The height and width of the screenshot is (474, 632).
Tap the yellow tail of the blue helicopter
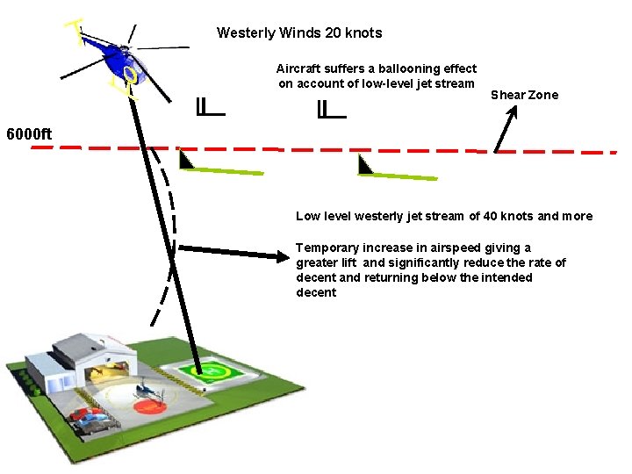point(77,32)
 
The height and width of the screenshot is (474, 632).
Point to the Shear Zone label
point(524,95)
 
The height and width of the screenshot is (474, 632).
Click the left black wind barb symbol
point(210,109)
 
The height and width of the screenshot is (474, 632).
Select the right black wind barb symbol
point(331,111)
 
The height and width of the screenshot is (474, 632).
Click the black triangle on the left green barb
point(185,161)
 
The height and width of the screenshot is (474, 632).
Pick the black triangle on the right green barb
point(365,165)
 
